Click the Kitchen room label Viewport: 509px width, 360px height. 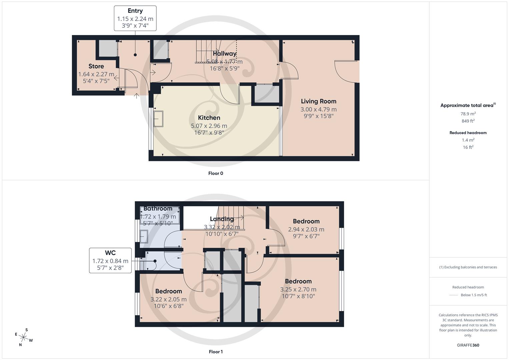point(209,118)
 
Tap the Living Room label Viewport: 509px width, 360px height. point(318,101)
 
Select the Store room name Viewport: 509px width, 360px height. point(96,66)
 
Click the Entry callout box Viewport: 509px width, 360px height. point(135,18)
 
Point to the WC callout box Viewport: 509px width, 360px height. point(110,260)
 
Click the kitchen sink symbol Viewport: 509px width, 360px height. point(158,119)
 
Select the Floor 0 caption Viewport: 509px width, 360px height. point(215,173)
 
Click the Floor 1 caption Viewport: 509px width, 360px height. point(215,352)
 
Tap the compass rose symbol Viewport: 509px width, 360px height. point(24,337)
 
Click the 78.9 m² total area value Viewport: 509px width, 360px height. point(468,114)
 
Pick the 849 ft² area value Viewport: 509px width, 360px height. point(468,121)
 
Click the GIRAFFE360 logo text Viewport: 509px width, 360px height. point(468,345)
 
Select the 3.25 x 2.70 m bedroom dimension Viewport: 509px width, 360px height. point(298,289)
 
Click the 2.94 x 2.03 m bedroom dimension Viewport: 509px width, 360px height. point(306,229)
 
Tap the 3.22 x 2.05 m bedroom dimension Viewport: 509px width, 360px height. point(168,299)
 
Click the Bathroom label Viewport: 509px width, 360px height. point(158,209)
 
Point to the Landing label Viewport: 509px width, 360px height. point(222,219)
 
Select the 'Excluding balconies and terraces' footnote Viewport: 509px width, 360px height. point(468,267)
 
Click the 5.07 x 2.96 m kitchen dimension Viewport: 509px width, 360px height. point(209,126)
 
